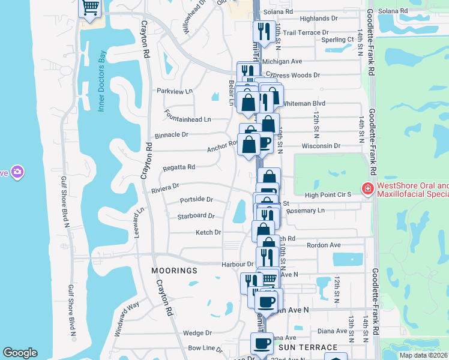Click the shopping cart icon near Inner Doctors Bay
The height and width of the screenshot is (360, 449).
click(90, 8)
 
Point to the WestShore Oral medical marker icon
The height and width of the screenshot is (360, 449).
click(366, 190)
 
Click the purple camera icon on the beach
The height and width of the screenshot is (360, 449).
click(17, 172)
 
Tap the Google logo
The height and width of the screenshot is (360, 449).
click(20, 353)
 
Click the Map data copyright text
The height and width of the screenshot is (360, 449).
click(424, 355)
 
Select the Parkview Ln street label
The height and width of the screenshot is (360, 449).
click(175, 91)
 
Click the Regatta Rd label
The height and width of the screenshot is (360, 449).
click(179, 167)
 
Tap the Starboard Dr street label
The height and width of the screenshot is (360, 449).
click(196, 216)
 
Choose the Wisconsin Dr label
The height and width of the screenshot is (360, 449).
click(322, 146)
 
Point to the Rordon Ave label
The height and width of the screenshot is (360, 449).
click(324, 245)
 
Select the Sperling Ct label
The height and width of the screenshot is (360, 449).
click(337, 40)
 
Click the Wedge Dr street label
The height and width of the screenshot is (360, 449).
click(197, 333)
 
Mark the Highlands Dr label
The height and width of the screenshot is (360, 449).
click(319, 19)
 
